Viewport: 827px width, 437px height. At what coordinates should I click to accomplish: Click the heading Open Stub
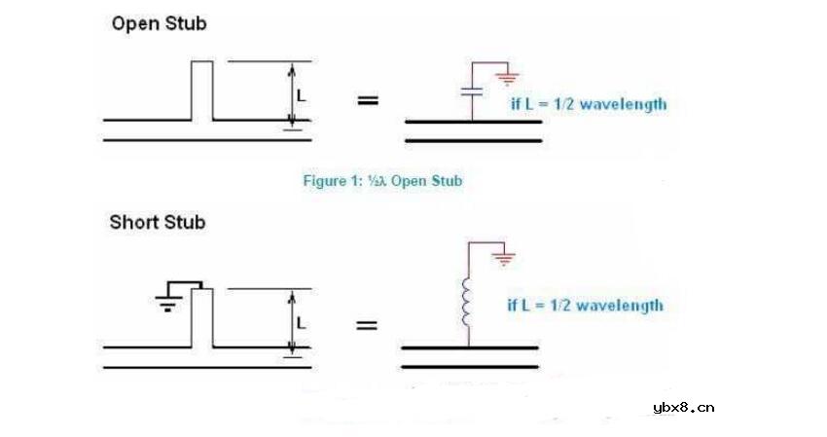coord(160,24)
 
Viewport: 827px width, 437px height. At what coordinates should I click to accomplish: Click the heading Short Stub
coord(158,223)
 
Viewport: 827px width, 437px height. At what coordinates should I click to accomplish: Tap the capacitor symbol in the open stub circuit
coord(472,91)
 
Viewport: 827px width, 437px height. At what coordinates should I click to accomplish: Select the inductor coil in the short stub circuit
coord(466,302)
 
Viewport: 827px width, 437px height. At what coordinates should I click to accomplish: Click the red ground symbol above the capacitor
coord(507,79)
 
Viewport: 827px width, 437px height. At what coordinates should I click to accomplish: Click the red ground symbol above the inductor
coord(504,259)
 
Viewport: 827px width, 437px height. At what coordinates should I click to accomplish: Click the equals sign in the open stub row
coord(368,100)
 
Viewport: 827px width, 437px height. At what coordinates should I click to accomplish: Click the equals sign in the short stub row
coord(367,324)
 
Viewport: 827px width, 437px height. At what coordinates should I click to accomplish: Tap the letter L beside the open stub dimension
coord(302,95)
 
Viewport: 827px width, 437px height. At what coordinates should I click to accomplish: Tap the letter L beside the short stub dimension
coord(302,322)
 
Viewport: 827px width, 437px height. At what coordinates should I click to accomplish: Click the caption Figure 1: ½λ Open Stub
coord(382,181)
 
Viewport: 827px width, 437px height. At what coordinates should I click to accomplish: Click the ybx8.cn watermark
coord(684,408)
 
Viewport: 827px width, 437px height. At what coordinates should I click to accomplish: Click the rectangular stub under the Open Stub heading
coord(202,91)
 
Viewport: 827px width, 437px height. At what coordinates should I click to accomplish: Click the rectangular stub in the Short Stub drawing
coord(202,317)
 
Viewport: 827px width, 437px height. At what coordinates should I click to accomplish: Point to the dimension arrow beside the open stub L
coord(291,94)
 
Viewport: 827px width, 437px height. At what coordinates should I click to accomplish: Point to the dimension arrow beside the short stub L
coord(291,322)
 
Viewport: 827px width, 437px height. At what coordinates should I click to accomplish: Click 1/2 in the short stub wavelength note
coord(559,305)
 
